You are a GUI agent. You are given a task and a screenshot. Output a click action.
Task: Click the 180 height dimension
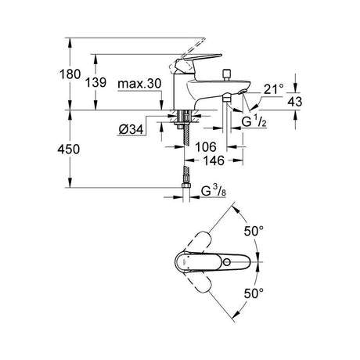point(70,74)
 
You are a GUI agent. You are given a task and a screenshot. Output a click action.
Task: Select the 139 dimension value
point(95,83)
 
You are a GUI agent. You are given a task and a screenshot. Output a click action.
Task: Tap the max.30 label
point(139,84)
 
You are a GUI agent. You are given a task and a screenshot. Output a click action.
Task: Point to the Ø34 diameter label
point(131,129)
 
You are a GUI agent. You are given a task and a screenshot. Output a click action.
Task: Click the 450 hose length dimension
point(69,149)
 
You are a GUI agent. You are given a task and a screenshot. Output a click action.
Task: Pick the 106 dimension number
point(206,147)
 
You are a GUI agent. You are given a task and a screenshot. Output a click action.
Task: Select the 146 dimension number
point(214,160)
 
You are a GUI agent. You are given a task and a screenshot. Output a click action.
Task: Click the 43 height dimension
point(295,102)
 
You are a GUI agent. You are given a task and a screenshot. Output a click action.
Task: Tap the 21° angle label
point(273,89)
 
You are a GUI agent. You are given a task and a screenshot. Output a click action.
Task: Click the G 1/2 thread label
point(254,122)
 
